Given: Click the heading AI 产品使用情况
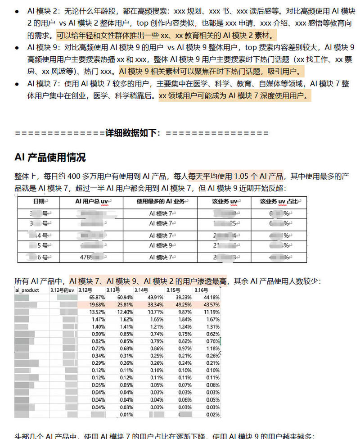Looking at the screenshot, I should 50,157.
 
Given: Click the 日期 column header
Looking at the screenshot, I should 39,201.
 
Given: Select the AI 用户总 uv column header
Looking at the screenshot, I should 91,201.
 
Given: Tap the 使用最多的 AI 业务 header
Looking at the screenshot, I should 161,201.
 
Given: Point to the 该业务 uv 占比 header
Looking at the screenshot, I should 278,201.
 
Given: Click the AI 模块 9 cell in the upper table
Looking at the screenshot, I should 161,245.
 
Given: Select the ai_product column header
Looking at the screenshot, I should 27,290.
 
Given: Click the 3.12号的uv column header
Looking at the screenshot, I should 62,290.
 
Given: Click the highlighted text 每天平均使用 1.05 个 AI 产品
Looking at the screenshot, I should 236,176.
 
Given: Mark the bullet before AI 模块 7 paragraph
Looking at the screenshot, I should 17,84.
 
